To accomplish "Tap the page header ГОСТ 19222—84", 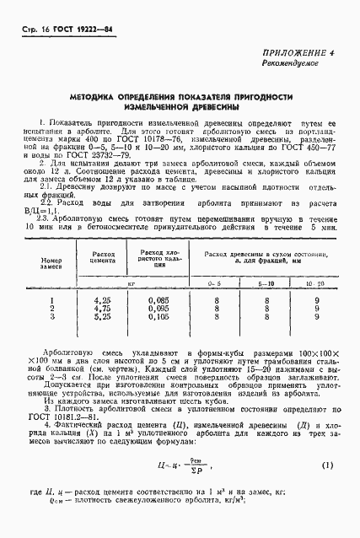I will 73,31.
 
